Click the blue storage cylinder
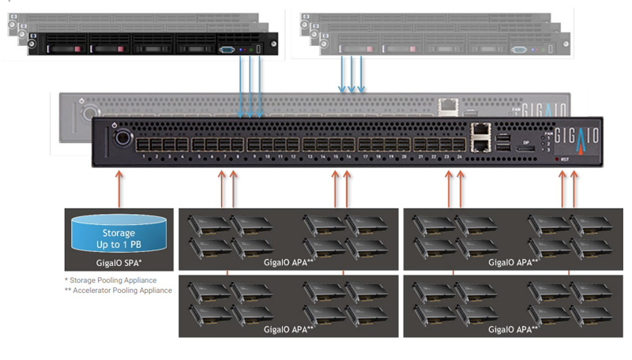[119, 235]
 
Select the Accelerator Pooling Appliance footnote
[118, 291]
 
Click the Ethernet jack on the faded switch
[448, 103]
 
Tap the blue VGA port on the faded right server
[519, 50]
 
